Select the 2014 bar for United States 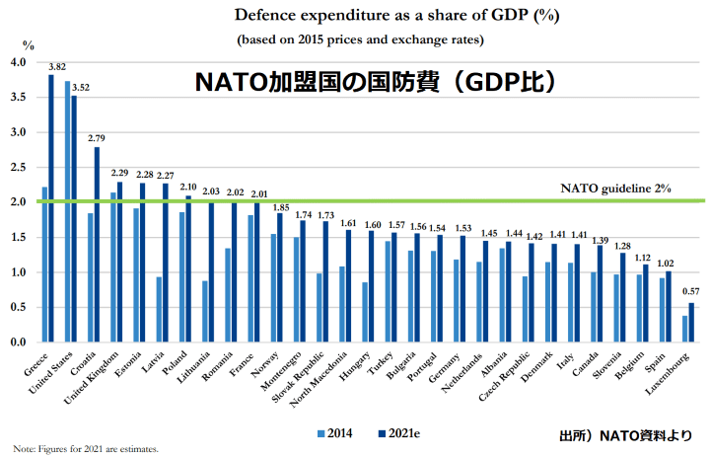coord(67,211)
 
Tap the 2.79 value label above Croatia coord(97,138)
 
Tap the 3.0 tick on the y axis coord(19,132)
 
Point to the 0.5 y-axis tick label coord(19,307)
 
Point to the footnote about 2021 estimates coord(86,448)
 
